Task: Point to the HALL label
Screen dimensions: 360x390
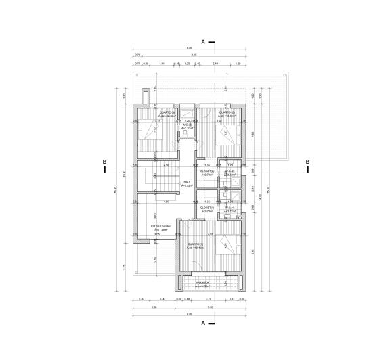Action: coord(169,183)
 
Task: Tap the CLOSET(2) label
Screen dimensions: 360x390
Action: coord(207,172)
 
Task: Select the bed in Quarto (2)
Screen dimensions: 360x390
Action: coord(225,135)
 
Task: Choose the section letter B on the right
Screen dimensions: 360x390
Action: coord(307,162)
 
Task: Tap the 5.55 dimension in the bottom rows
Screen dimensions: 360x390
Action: coord(211,307)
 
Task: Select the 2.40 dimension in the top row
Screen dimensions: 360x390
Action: coord(215,63)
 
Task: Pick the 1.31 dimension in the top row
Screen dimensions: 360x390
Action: coord(162,63)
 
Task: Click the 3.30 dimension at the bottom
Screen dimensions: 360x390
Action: coord(154,307)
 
